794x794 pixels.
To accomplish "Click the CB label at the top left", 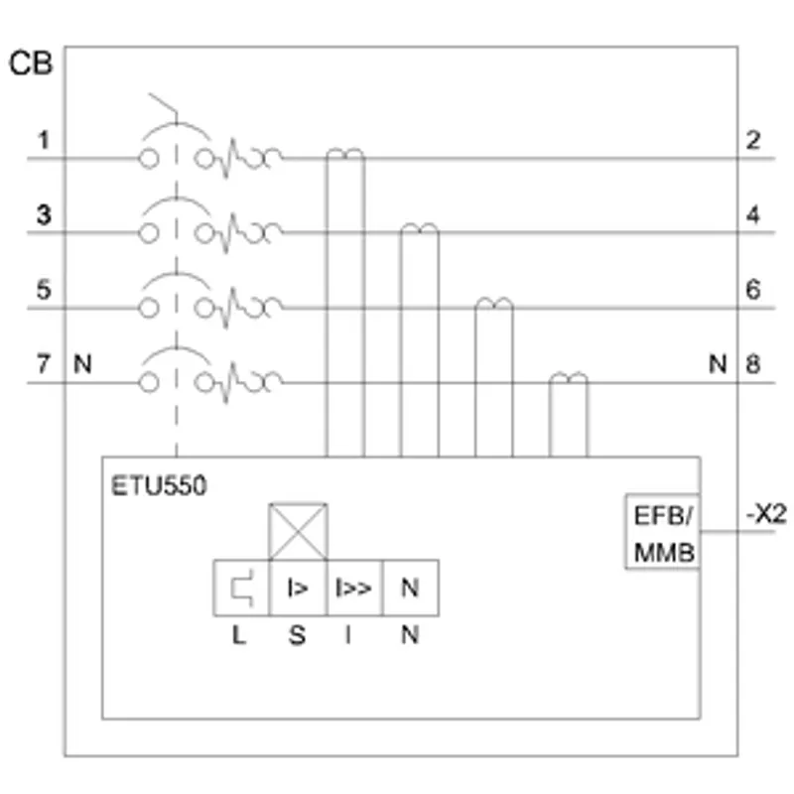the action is (x=31, y=64).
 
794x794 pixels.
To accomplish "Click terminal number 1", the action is (x=44, y=140).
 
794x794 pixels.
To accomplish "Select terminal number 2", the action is (x=753, y=140).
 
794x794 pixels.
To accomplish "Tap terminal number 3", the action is (x=44, y=214).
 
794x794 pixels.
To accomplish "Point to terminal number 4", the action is (x=753, y=215).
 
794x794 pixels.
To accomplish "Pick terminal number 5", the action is (x=44, y=290).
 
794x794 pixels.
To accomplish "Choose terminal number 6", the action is (x=753, y=290).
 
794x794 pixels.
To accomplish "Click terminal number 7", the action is (x=44, y=364).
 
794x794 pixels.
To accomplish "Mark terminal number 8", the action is (x=753, y=364).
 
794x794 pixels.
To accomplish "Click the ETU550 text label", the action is (x=159, y=485).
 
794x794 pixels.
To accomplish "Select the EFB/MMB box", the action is (x=663, y=531).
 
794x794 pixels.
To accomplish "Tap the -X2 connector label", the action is (x=766, y=515).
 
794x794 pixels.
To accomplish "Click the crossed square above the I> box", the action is (x=299, y=532).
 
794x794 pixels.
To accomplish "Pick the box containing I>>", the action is (x=354, y=588).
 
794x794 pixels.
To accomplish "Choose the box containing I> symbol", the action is (x=298, y=588).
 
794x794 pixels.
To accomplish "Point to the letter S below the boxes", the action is (x=297, y=635).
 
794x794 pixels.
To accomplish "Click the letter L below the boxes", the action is (x=239, y=635).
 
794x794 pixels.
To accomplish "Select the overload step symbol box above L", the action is (x=241, y=588).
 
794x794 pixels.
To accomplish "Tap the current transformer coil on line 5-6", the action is (x=494, y=304).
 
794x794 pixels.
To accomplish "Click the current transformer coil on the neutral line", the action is (x=569, y=378).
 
